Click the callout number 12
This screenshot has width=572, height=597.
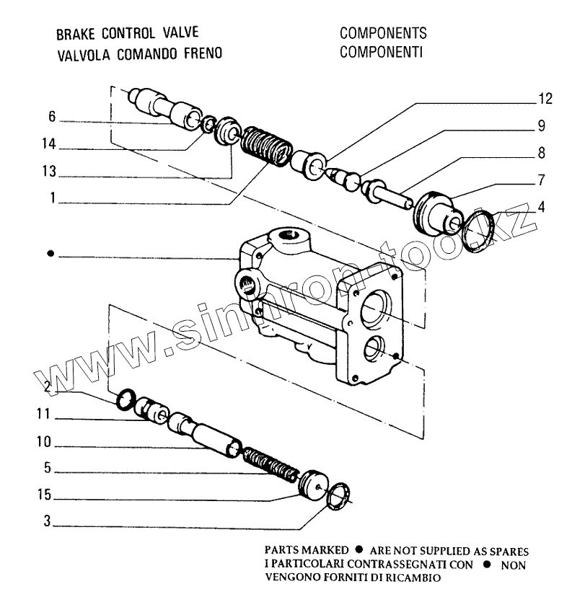point(545,99)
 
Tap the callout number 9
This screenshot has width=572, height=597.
point(540,126)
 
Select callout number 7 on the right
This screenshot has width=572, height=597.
point(540,180)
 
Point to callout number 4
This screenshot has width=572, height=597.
point(540,206)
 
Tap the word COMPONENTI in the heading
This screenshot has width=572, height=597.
point(380,53)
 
